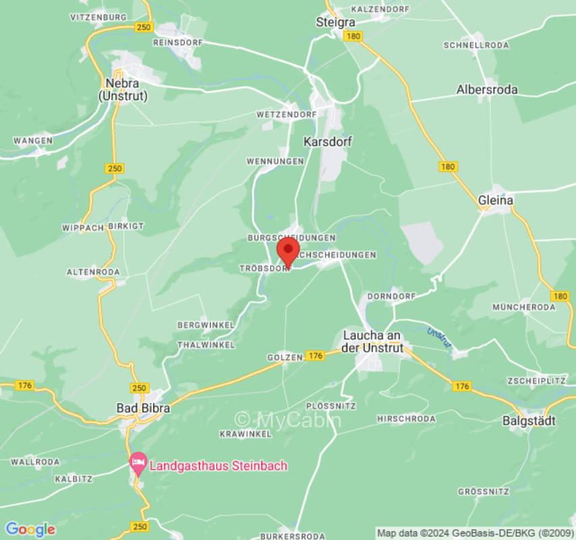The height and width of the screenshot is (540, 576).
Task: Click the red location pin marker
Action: pyautogui.click(x=288, y=251)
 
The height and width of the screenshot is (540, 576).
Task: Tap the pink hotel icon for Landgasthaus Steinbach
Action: pyautogui.click(x=138, y=463)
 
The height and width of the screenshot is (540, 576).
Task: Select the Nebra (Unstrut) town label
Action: pyautogui.click(x=123, y=89)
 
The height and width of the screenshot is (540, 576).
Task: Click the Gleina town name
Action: pyautogui.click(x=496, y=200)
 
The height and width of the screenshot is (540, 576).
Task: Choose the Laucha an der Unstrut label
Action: pyautogui.click(x=373, y=342)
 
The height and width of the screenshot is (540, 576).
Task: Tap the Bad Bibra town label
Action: pyautogui.click(x=143, y=408)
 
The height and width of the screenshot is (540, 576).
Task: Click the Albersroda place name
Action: pyautogui.click(x=487, y=89)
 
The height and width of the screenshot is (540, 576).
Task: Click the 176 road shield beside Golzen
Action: pyautogui.click(x=315, y=356)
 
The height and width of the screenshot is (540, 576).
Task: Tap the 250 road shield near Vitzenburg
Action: pyautogui.click(x=143, y=27)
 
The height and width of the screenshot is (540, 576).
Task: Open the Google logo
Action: pyautogui.click(x=30, y=530)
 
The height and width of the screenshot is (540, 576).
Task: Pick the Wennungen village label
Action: pyautogui.click(x=275, y=161)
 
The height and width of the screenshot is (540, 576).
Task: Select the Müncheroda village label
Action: pyautogui.click(x=523, y=307)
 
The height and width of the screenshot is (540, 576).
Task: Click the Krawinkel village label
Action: pyautogui.click(x=245, y=433)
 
